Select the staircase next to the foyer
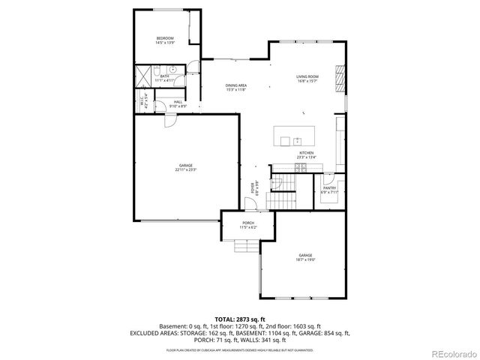pyautogui.click(x=283, y=197)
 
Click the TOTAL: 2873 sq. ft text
pyautogui.click(x=239, y=319)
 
